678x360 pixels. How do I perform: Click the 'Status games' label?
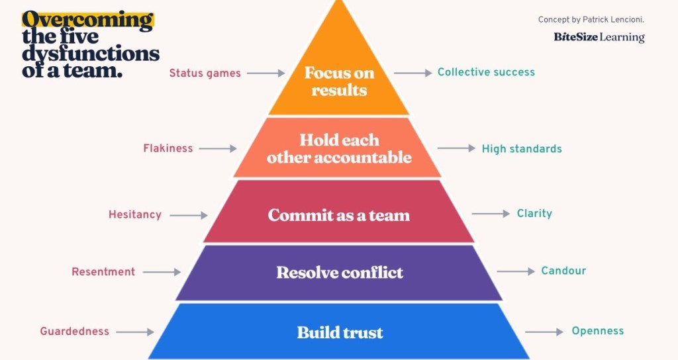point(205,73)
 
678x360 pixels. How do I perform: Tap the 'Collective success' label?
point(486,72)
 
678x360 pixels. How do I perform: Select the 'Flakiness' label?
point(168,148)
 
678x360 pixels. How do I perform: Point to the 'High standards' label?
point(522,149)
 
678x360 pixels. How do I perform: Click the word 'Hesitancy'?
point(135,214)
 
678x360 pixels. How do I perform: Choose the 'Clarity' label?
point(534,214)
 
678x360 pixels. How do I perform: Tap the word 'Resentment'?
point(103,272)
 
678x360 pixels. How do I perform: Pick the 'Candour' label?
point(563,271)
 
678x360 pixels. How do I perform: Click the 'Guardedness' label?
point(74,332)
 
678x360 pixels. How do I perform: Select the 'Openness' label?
point(598,331)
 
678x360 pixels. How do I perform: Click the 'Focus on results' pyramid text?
point(339,81)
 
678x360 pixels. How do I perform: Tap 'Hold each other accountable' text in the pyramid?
point(339,149)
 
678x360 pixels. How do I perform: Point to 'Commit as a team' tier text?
point(339,215)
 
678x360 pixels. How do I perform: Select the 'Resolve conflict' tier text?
point(340,273)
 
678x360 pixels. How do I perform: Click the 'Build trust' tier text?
point(340,332)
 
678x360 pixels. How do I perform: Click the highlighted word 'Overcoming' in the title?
point(87,20)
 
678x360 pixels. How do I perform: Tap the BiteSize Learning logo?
point(599,37)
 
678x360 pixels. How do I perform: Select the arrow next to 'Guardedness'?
point(134,332)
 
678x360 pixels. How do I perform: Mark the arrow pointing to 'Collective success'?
point(413,73)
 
